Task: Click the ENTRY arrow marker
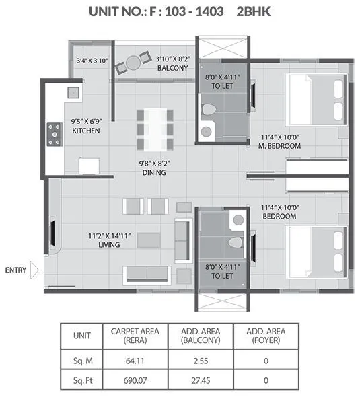[35, 270]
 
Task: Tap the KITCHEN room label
[86, 131]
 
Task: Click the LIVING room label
[105, 245]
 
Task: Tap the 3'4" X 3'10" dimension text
[93, 60]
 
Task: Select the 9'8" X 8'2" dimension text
[153, 163]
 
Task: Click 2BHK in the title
[255, 11]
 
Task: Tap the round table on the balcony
[133, 63]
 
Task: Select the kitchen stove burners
[52, 133]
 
